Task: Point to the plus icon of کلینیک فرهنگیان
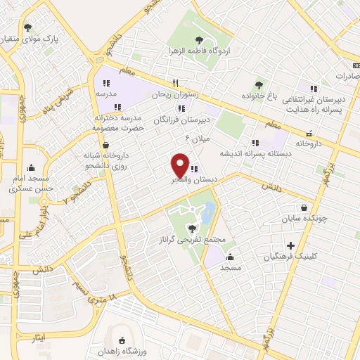(x=290, y=246)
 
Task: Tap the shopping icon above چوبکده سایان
(x=304, y=207)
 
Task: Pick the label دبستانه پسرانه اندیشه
(x=252, y=153)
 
